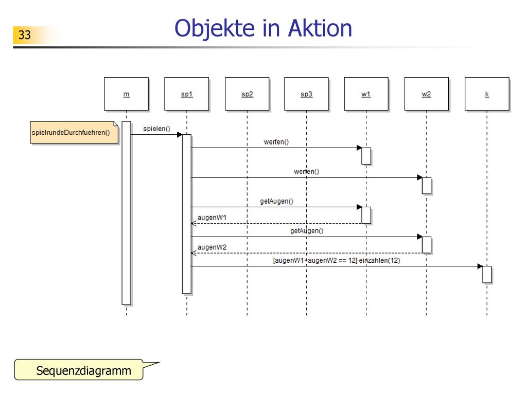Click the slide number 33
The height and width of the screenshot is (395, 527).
click(x=25, y=35)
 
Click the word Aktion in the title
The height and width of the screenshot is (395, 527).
click(x=320, y=28)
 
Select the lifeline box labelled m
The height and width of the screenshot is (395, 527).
click(x=127, y=94)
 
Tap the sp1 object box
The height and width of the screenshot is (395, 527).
click(x=186, y=94)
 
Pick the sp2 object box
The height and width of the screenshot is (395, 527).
click(x=247, y=94)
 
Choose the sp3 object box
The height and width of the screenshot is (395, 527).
click(x=307, y=94)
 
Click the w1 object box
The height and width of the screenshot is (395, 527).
click(x=366, y=94)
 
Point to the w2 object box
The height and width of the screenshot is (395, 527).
click(x=427, y=94)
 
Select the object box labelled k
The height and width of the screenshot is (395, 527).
click(x=487, y=94)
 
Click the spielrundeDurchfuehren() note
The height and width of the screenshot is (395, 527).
click(x=74, y=133)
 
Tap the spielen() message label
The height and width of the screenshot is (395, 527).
click(x=156, y=129)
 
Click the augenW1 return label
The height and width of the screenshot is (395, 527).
click(x=212, y=218)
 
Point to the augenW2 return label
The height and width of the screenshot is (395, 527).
click(x=212, y=247)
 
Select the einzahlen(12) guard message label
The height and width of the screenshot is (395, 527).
click(x=337, y=260)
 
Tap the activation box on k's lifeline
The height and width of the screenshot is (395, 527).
click(x=487, y=275)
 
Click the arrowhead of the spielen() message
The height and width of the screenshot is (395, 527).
click(x=180, y=135)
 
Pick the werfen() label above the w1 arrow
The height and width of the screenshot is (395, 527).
click(x=276, y=142)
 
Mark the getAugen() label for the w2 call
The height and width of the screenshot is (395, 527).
click(x=307, y=231)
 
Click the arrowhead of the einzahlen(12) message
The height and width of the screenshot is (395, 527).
click(x=480, y=266)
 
